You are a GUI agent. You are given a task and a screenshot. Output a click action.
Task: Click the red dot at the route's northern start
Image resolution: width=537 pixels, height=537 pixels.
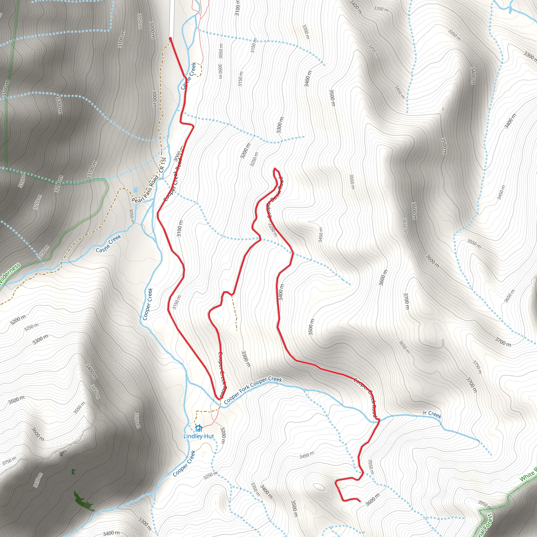[x=170, y=39]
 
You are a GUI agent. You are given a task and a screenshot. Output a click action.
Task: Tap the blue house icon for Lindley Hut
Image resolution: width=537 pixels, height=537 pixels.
[x=198, y=428]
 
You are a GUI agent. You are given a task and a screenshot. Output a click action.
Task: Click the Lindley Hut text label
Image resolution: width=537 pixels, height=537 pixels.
[x=199, y=436]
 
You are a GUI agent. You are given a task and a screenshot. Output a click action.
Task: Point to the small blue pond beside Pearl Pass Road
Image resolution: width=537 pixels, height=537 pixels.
[x=135, y=190]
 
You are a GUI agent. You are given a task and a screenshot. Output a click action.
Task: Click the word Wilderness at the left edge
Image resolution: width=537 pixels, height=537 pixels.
[x=10, y=274]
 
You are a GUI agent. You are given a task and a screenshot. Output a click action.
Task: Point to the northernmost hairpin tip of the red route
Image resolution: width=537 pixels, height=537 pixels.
[x=275, y=168]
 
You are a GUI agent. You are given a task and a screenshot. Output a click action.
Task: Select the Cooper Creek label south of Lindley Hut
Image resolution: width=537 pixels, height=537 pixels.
[x=184, y=463]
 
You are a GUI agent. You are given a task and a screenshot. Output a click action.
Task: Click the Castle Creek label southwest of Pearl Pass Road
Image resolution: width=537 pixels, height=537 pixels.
[x=108, y=244]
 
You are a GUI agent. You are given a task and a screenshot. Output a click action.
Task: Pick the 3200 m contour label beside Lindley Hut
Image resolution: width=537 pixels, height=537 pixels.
[x=223, y=435]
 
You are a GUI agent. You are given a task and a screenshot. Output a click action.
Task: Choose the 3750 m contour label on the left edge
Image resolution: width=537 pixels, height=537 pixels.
[x=9, y=461]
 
